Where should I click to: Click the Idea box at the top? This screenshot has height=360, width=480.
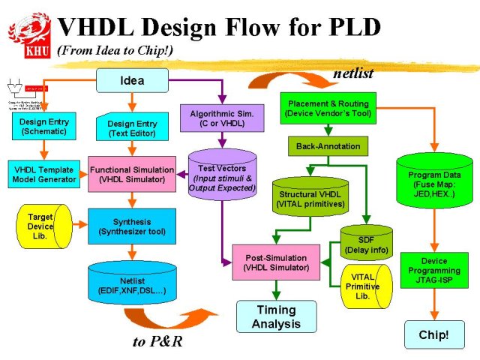tap(133, 79)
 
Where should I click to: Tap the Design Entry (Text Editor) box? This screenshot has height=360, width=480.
tap(132, 127)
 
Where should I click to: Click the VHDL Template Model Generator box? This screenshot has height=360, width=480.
tap(44, 174)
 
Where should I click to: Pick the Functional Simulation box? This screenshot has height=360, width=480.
tap(132, 175)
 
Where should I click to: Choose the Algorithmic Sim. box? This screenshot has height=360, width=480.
tap(222, 118)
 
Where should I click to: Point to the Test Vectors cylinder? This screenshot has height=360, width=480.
tap(222, 174)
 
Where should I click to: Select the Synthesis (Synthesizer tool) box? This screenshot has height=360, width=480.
tap(132, 226)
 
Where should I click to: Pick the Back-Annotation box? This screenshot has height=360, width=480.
tap(328, 146)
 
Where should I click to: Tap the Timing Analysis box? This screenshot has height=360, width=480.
tap(277, 316)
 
